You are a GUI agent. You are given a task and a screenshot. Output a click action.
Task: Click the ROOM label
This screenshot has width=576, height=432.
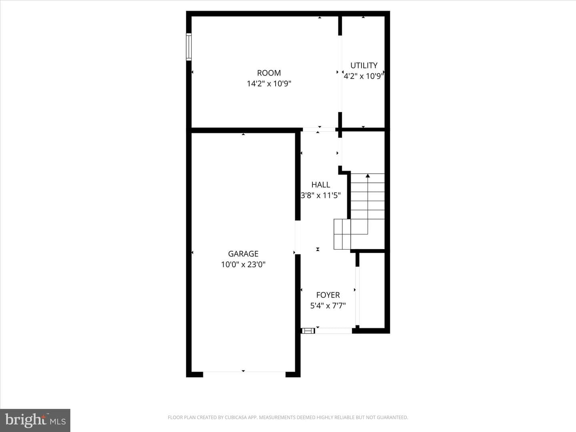[x=269, y=73]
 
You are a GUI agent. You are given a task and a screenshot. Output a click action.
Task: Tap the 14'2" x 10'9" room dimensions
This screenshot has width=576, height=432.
[x=269, y=84]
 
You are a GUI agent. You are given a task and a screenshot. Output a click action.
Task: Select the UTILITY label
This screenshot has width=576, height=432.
[x=364, y=65]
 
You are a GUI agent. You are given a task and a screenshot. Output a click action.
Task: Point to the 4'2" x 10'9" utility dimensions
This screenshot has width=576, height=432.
[x=364, y=76]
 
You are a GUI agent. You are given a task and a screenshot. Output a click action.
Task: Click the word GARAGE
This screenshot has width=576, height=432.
[x=243, y=254]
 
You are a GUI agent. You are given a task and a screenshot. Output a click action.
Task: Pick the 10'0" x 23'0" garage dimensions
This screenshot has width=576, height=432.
[x=243, y=264]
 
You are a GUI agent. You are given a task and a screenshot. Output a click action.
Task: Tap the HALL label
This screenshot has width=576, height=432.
[x=321, y=185]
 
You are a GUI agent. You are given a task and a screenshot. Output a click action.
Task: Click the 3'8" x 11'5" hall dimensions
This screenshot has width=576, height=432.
[x=321, y=196]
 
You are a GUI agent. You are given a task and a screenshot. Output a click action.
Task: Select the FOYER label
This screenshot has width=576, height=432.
[x=328, y=295]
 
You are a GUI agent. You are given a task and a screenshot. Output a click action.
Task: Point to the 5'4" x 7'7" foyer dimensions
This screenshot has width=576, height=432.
[x=328, y=306]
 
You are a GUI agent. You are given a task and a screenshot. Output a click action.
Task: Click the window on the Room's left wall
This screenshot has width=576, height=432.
[x=189, y=47]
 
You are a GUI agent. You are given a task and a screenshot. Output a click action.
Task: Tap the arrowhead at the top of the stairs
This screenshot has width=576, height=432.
[x=368, y=176]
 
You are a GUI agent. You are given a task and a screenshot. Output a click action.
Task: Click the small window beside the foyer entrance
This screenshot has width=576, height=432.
[x=308, y=331]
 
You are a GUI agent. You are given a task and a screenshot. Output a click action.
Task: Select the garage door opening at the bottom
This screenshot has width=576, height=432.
[x=244, y=374]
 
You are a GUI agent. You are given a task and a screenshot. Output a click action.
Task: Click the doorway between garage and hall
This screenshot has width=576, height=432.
[x=298, y=237]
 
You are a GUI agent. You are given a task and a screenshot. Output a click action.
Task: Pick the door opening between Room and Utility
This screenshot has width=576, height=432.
[x=340, y=74]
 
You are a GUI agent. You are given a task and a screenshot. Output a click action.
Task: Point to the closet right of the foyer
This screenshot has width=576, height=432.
[x=372, y=290]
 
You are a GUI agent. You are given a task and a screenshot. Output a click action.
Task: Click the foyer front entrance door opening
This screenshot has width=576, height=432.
[x=334, y=331]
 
